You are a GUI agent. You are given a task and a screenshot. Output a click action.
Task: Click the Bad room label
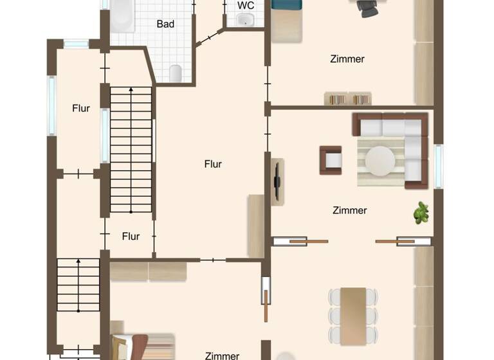click(165, 24)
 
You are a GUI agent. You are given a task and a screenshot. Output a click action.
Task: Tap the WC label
click(245, 5)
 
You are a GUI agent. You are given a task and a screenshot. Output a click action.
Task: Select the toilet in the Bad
click(176, 73)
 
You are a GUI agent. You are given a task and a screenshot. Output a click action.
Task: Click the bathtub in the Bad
click(122, 15)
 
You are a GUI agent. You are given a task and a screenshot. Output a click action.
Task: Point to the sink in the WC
click(245, 20)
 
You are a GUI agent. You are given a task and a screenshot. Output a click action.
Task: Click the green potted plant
click(421, 213)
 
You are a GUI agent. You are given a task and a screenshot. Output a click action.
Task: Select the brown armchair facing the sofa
click(331, 160)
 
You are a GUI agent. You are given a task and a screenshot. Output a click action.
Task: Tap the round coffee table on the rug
click(381, 161)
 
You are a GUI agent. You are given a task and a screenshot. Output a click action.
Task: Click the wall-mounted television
click(277, 182)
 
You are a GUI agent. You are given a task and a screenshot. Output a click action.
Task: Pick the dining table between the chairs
click(353, 315)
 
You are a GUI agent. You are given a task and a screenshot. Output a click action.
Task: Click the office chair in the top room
click(369, 8)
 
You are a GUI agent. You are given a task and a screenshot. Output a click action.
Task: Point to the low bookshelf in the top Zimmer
click(348, 98)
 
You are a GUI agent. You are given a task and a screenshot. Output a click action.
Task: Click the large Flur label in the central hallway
click(213, 164)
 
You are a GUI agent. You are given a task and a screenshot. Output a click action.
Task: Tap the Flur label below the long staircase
click(131, 236)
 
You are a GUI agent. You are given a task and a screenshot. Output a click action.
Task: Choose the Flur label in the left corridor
click(81, 108)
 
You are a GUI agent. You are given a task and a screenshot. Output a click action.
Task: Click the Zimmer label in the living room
click(350, 210)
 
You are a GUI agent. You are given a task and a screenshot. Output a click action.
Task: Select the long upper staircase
click(131, 149)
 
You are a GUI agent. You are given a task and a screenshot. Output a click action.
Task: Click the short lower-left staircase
click(78, 287)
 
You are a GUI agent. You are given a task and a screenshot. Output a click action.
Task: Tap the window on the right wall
click(439, 166)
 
